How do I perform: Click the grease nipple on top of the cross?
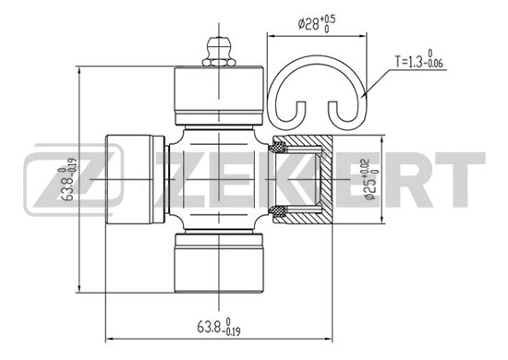tap(219, 52)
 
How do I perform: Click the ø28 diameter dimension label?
tap(317, 23)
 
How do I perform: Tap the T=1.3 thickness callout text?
tap(418, 59)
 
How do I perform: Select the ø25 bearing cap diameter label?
tap(370, 179)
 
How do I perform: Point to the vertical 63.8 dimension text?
tap(69, 179)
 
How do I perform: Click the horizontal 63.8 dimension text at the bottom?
tap(219, 327)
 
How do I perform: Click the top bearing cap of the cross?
tap(219, 95)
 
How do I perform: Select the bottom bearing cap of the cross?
tap(219, 263)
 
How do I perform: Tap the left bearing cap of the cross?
tap(135, 179)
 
